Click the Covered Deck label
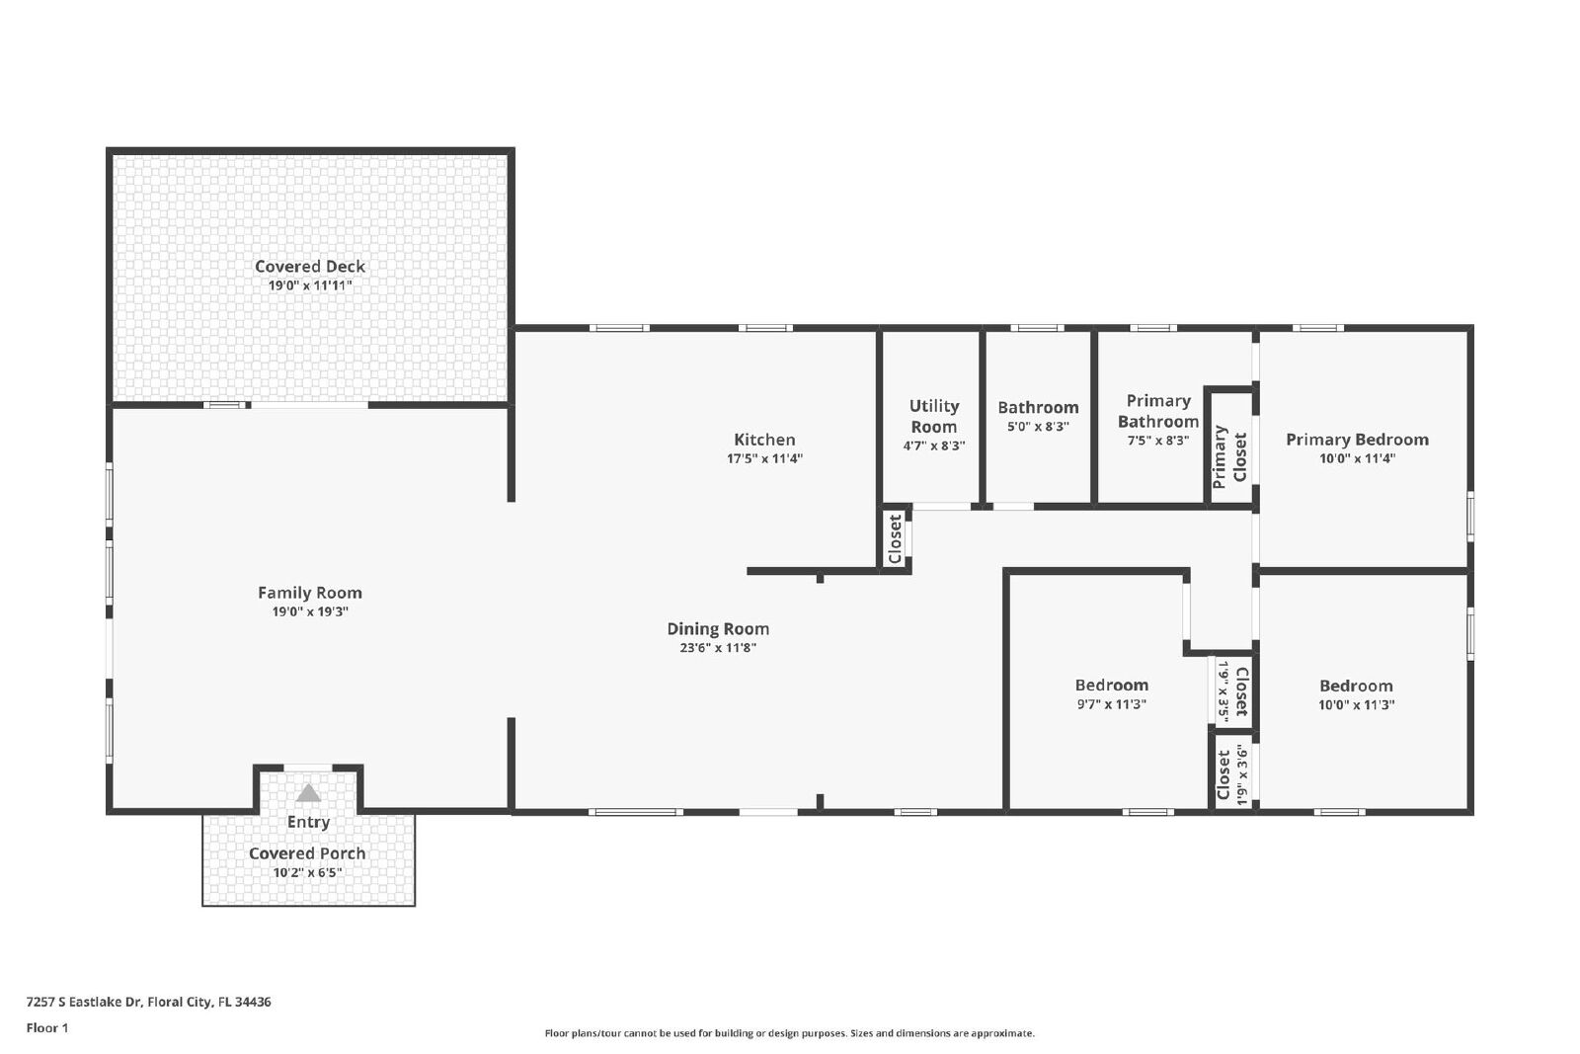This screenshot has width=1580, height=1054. (x=310, y=267)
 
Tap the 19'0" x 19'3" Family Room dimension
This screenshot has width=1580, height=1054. (x=310, y=611)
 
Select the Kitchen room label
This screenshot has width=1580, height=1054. (x=764, y=440)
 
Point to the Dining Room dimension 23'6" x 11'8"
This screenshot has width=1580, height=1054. (x=718, y=648)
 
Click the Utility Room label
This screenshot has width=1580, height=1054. (x=934, y=416)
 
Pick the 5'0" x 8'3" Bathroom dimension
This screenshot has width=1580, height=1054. (x=1038, y=426)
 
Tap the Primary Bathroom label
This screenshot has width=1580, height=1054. (x=1158, y=411)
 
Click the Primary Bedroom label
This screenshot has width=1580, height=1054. (x=1357, y=440)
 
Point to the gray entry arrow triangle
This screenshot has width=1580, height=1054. (x=308, y=793)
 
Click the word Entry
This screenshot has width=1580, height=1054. (x=308, y=822)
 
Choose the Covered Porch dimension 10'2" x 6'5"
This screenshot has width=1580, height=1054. (x=307, y=872)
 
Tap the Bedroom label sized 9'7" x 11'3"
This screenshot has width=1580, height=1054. (x=1112, y=685)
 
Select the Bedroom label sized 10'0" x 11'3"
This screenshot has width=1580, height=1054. (x=1356, y=686)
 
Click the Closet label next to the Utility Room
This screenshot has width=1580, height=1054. (x=895, y=539)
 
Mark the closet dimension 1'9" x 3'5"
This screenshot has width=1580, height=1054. (x=1224, y=692)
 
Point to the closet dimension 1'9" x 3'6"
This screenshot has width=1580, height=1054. (x=1242, y=775)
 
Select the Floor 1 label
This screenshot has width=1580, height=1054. (x=47, y=1028)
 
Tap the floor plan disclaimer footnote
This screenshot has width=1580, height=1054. (x=789, y=1033)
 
